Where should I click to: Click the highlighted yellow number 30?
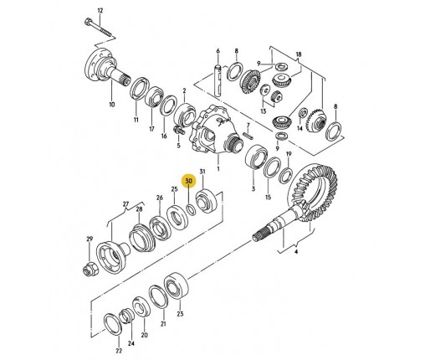coord(189,181)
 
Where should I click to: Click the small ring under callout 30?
coord(191,209)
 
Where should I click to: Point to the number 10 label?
coord(111,105)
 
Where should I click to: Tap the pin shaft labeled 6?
coord(218,80)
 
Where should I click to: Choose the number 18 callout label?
coord(299,54)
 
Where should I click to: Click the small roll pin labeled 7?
coord(248,136)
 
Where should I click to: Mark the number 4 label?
coord(296,252)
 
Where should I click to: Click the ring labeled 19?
coord(285,175)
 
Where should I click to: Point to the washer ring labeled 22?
coord(113,325)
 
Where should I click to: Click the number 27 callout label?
coord(126,204)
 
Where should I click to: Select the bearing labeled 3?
coord(256,157)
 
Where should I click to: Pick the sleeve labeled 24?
coord(126,316)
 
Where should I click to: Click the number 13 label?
coord(264,111)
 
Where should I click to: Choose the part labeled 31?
coord(207,201)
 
